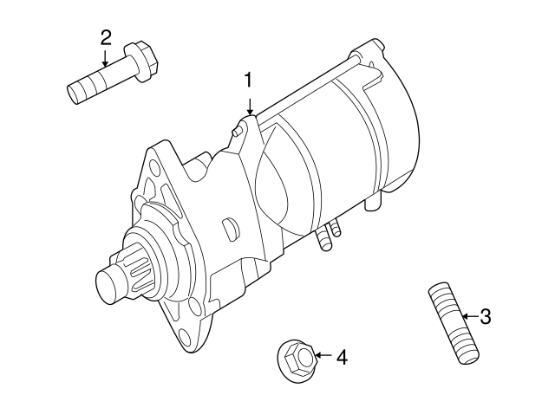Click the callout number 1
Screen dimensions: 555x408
pos(249,81)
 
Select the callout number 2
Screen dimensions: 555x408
pos(106,38)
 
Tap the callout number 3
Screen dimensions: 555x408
pos(486,316)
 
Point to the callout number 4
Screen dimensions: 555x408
pos(342,358)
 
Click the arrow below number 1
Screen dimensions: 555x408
pos(251,107)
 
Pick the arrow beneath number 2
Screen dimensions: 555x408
pos(105,59)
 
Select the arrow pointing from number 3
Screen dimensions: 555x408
pos(470,316)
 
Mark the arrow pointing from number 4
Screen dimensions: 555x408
pos(323,355)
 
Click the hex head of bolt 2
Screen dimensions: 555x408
pos(140,62)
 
